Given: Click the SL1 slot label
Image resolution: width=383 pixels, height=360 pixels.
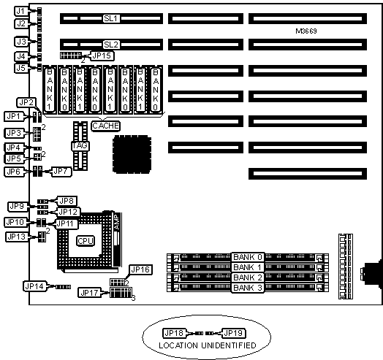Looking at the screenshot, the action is point(111,18).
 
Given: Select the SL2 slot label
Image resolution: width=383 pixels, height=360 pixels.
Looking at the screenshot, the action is point(111,45).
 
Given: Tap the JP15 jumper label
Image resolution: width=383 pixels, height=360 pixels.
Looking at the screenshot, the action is point(102,55).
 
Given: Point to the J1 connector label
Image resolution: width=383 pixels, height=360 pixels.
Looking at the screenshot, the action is point(20,11).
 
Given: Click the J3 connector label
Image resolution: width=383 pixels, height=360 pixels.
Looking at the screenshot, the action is point(21,42).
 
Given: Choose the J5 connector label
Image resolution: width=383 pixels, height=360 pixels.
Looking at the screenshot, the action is point(20,68).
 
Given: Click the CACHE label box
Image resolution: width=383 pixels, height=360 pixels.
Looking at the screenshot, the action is point(106,126).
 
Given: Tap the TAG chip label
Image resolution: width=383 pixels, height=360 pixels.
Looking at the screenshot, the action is point(80,146).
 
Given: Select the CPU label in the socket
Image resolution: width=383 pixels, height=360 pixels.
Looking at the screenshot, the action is point(86,241).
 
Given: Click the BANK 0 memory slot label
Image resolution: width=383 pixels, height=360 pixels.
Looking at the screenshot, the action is point(248,257).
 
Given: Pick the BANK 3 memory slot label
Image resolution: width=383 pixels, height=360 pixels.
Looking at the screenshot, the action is point(248,288).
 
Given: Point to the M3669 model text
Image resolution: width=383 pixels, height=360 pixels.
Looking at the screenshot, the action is point(306,31).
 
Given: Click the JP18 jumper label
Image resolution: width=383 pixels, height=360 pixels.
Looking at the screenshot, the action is point(174,333).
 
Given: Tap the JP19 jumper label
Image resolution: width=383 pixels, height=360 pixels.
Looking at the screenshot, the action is point(233,333).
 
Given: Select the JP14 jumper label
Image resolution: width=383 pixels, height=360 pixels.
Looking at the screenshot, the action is point(34,286).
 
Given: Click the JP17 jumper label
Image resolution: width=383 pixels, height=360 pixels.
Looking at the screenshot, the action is point(90,292).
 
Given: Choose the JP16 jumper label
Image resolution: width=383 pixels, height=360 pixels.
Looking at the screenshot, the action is point(140,269).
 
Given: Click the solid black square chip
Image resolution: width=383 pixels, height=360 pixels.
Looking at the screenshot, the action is point(132,155).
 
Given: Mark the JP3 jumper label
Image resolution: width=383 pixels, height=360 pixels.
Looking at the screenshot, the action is point(14,133).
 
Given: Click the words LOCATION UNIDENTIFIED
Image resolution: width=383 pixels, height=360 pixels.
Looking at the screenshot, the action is point(208,345).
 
